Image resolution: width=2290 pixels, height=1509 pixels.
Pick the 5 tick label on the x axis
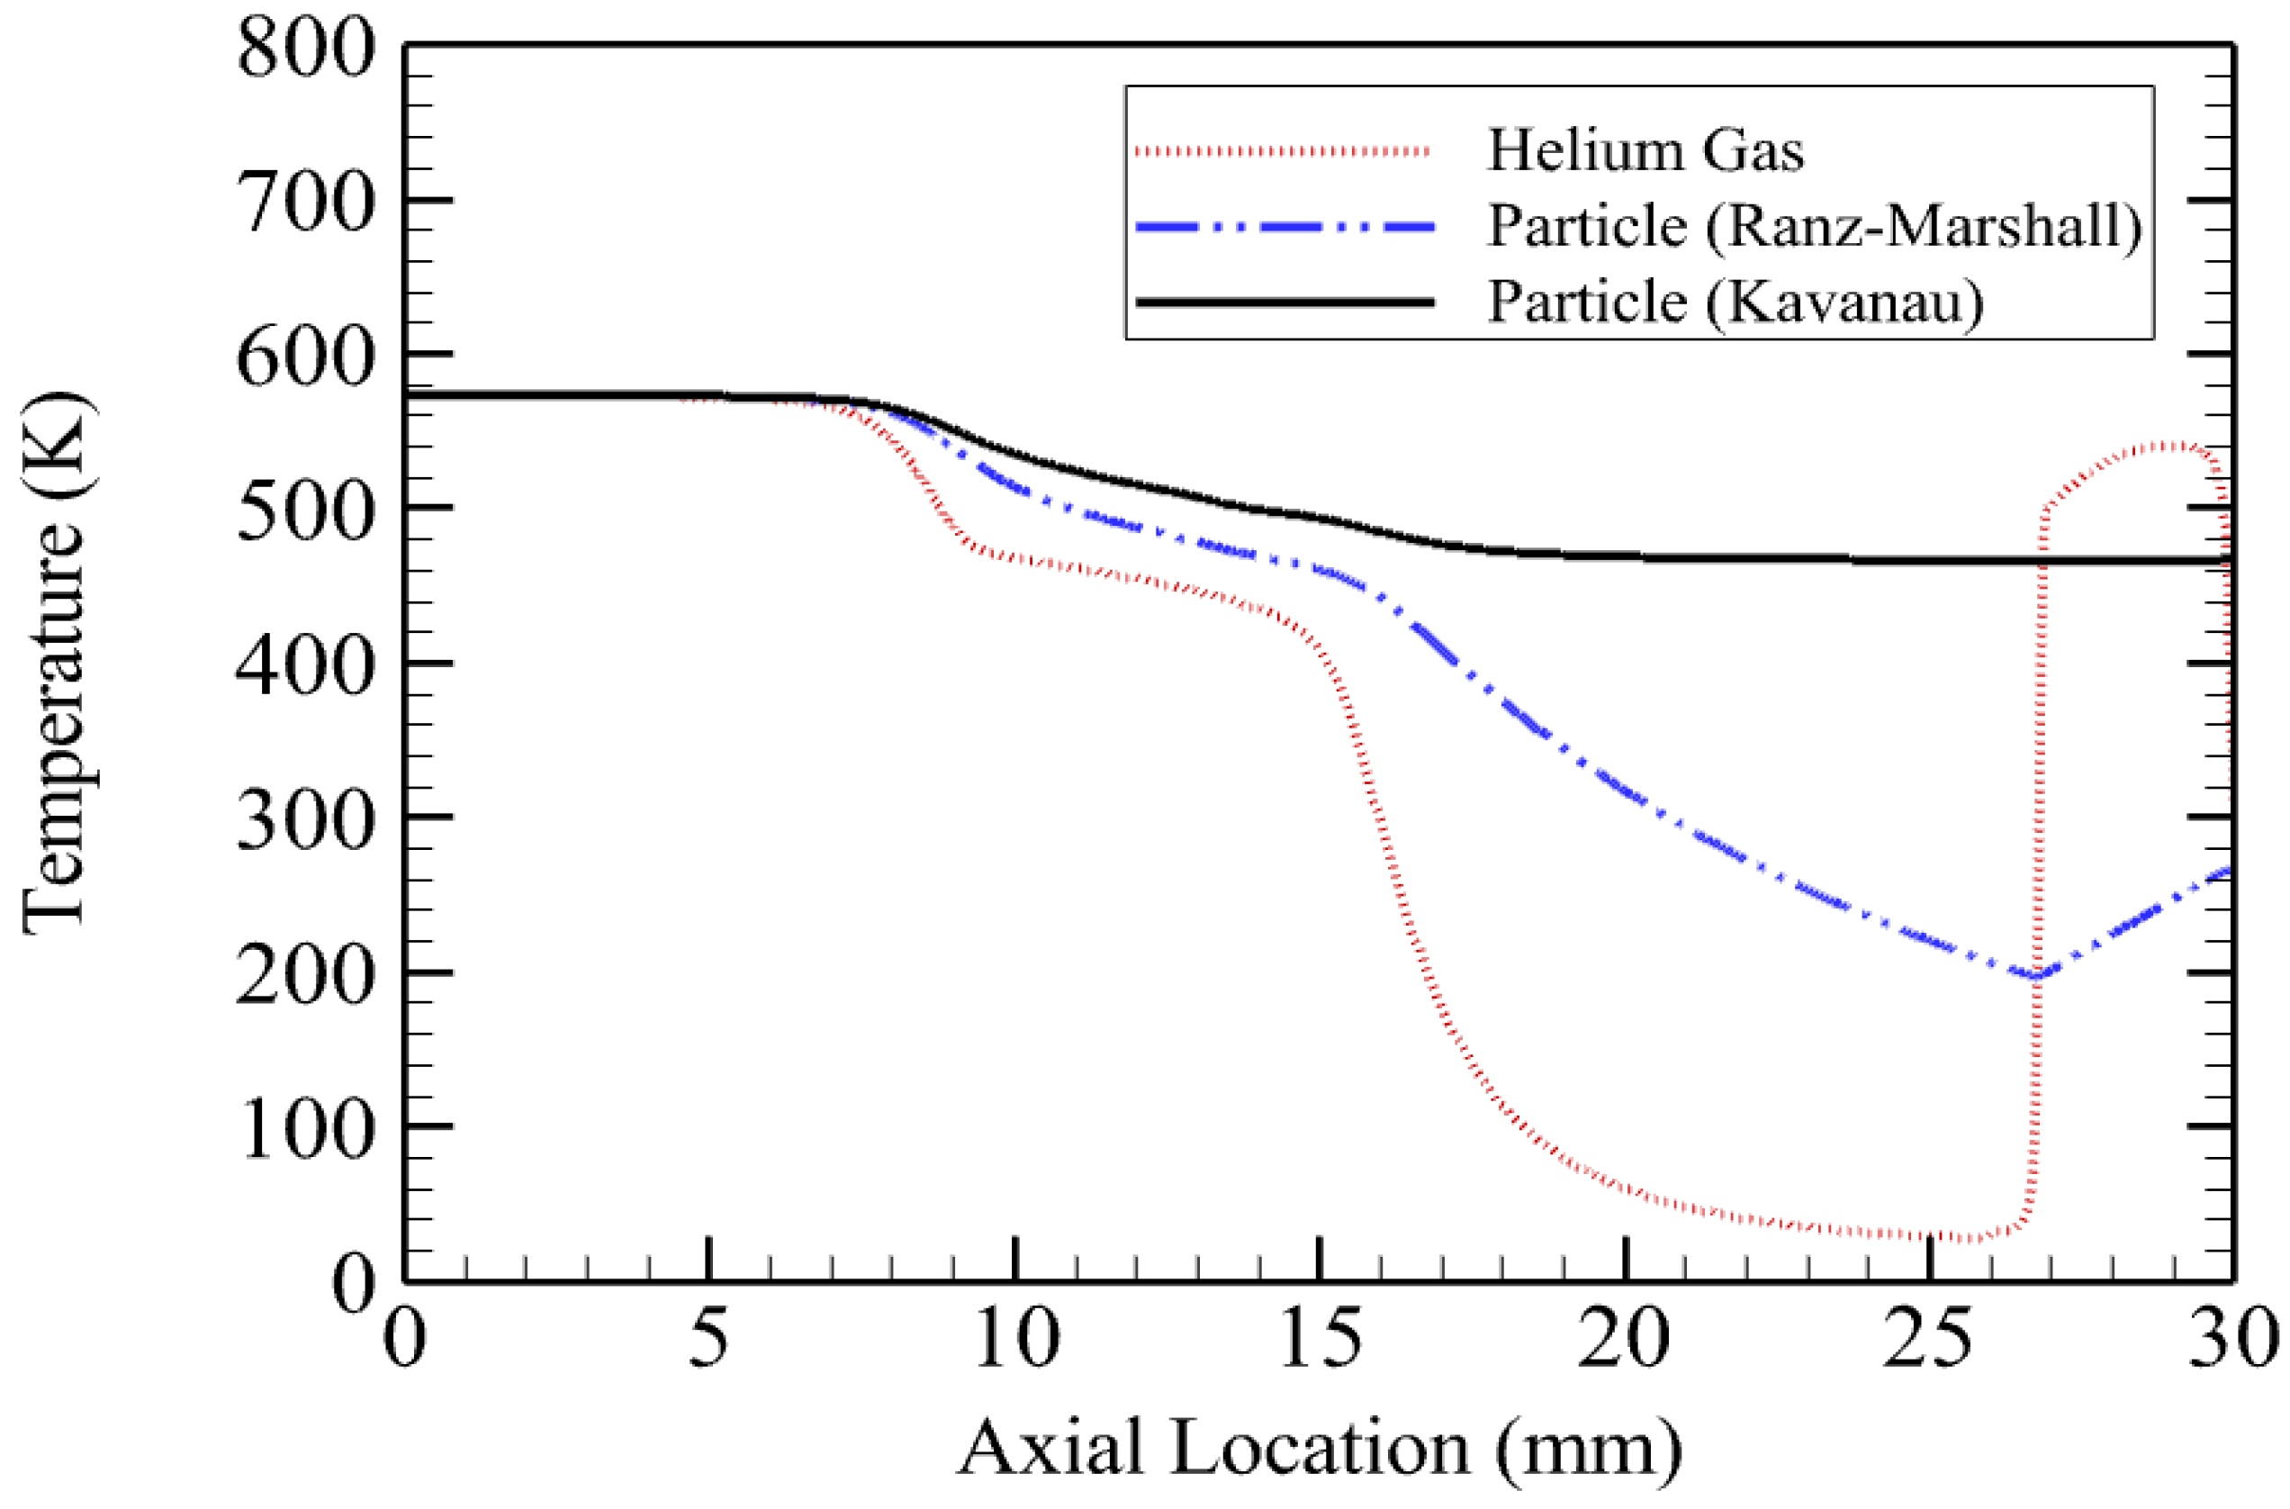click(708, 1338)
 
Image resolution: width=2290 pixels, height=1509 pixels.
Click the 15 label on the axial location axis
click(1319, 1338)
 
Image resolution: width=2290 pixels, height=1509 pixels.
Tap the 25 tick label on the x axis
click(1929, 1338)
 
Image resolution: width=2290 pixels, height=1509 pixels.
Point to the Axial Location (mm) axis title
click(1319, 1450)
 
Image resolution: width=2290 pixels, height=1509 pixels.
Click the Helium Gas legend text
click(1645, 151)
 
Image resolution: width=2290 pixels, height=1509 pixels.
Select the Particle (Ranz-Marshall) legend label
click(1815, 227)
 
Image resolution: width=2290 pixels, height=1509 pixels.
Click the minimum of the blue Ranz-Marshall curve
click(2036, 976)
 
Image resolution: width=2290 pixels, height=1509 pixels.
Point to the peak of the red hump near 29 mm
click(2169, 446)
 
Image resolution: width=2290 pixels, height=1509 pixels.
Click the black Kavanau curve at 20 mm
click(1625, 556)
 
